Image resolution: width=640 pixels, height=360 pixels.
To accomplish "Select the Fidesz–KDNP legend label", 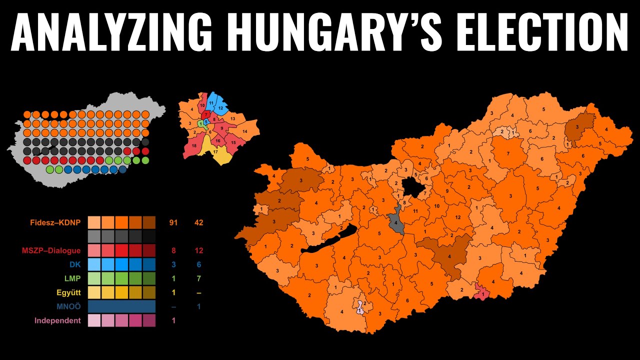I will tap(55, 222).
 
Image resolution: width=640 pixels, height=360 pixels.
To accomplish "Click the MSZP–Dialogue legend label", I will tap(51, 250).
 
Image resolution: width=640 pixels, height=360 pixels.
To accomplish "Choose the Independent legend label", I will tap(57, 320).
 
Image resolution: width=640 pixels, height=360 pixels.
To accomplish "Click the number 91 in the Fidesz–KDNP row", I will tap(173, 222).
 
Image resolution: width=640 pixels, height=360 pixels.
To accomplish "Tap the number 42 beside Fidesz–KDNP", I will tap(198, 222).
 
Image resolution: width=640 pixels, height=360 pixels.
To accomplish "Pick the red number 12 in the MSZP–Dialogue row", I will tap(198, 250).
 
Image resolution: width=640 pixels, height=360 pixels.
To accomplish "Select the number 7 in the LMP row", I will tap(198, 278).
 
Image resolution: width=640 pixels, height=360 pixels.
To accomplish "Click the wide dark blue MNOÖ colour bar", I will tap(121, 306).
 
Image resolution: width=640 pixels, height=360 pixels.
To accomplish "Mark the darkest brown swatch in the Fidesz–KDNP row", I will tap(149, 222).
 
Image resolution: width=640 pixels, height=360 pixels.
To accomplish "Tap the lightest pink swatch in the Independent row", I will tap(94, 320).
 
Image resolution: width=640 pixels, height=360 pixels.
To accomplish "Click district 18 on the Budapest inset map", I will tap(193, 146).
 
